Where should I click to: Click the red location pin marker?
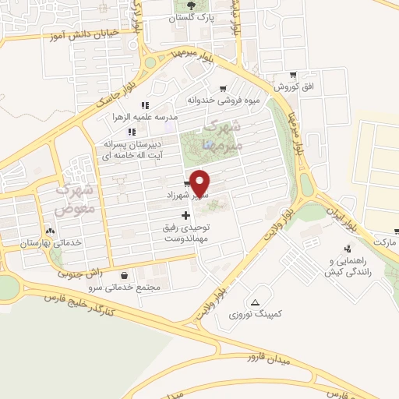[201, 182]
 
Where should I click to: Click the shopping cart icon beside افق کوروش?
[291, 76]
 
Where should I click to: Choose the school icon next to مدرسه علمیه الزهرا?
[144, 105]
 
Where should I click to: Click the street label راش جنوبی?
[80, 272]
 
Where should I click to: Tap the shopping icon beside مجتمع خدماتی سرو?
[125, 275]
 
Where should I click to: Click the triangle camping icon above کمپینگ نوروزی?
[256, 302]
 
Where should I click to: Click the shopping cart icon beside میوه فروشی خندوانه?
[224, 89]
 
